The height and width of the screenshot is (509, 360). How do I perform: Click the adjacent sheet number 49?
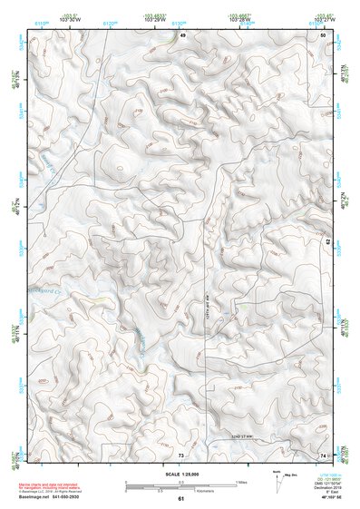tap(181, 34)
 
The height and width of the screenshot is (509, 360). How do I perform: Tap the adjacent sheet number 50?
tap(324, 34)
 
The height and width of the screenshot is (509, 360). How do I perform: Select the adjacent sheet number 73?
tap(180, 454)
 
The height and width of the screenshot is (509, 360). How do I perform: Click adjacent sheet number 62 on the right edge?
tap(328, 241)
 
